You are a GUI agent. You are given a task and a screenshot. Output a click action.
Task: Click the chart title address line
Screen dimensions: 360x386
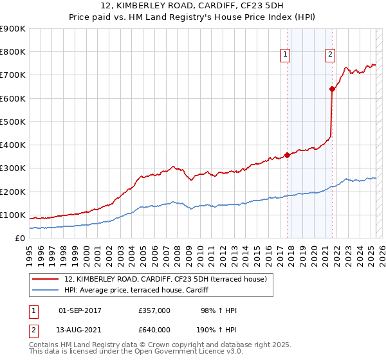(x=192, y=6)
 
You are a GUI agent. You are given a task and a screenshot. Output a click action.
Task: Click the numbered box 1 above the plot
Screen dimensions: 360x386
(x=284, y=55)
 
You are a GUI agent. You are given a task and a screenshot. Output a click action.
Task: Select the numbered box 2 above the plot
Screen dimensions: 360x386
(x=330, y=55)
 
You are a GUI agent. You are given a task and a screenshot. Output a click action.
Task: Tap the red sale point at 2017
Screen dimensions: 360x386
(x=287, y=155)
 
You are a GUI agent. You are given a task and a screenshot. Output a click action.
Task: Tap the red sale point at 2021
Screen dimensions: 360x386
(x=332, y=89)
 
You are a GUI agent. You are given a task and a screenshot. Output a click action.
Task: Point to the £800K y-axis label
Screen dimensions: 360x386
(x=13, y=52)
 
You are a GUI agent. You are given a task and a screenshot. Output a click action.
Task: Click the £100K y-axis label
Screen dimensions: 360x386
(x=13, y=215)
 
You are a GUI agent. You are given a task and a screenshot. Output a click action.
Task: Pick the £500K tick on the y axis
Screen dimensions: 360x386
(x=13, y=122)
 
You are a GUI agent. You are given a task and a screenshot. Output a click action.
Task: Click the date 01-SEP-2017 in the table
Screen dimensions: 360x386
(x=80, y=310)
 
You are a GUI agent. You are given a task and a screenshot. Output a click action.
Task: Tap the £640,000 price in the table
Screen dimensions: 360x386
(x=154, y=330)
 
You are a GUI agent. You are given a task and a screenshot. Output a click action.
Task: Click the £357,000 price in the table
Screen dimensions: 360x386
(x=154, y=310)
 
